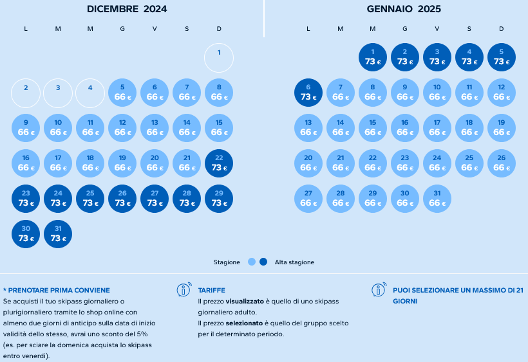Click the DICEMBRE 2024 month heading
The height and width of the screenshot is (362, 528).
(x=127, y=9)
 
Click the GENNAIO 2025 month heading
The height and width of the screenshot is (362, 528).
(x=404, y=9)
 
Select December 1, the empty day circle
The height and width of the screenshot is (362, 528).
(x=219, y=58)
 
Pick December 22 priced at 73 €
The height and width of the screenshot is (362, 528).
(x=219, y=164)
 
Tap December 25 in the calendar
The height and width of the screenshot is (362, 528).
(x=90, y=199)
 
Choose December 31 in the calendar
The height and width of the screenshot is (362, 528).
(x=58, y=234)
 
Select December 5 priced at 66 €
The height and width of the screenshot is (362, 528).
(x=122, y=93)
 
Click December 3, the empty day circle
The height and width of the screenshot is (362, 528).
(x=58, y=93)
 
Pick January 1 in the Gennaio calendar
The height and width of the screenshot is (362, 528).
(x=373, y=57)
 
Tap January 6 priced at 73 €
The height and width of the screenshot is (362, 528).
(x=308, y=93)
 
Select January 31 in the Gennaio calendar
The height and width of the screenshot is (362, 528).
(x=437, y=199)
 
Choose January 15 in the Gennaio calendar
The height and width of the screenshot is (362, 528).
(x=373, y=128)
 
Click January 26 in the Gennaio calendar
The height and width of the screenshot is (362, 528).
(x=502, y=163)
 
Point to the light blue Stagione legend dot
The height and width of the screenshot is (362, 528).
(x=252, y=262)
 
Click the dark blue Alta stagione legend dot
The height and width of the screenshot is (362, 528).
(x=263, y=262)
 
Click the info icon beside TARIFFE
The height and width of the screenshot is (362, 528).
(x=184, y=290)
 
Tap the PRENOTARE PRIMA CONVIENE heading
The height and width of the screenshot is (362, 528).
(x=57, y=290)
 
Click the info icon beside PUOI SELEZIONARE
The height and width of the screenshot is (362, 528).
(x=379, y=290)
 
